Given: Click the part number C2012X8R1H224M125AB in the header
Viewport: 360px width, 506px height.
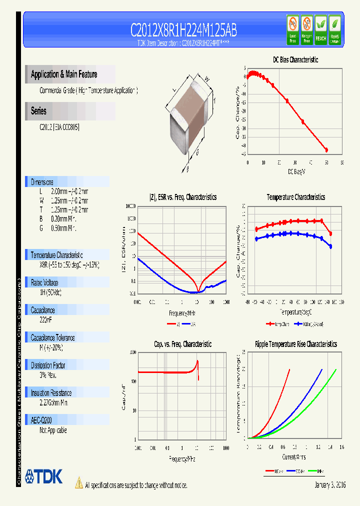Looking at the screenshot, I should click(x=183, y=31).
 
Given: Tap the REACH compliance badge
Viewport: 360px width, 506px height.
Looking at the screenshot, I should click(x=320, y=29).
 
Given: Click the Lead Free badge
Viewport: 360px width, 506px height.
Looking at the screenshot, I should click(x=292, y=29).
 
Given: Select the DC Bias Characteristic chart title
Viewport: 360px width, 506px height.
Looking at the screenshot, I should click(x=295, y=59).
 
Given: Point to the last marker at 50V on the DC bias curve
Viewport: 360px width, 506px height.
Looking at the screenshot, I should click(x=326, y=149).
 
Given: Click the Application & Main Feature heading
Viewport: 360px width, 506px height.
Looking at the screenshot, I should click(x=64, y=74).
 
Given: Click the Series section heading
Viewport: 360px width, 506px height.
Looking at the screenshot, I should click(x=38, y=111).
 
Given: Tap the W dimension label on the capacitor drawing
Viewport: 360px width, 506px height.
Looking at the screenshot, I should click(x=206, y=78).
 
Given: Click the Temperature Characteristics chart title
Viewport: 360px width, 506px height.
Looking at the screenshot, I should click(x=295, y=197).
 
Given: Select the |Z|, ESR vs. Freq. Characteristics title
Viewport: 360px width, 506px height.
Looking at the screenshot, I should click(x=182, y=197).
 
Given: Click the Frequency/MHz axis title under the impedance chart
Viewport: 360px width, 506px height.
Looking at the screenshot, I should click(x=182, y=313).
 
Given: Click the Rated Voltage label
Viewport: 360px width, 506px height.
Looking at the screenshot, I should click(x=44, y=282).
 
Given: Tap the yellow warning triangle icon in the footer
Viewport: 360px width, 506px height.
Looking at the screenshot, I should click(x=78, y=483).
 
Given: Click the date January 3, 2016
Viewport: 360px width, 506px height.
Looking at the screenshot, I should click(x=330, y=485).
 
